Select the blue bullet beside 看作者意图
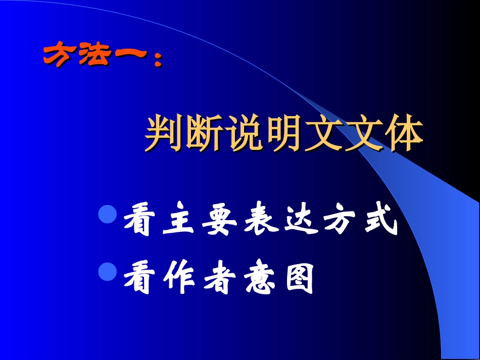coord(107,273)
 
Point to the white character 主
coord(178,223)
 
